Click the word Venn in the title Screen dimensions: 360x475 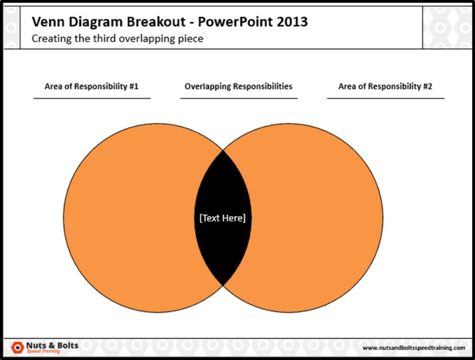pyautogui.click(x=46, y=23)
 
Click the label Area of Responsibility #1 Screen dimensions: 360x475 pyautogui.click(x=91, y=86)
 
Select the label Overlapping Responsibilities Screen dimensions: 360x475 pyautogui.click(x=239, y=86)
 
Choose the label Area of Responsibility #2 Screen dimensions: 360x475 pyautogui.click(x=385, y=86)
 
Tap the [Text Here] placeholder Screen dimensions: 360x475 pyautogui.click(x=222, y=218)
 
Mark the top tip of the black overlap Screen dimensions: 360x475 pyautogui.click(x=223, y=151)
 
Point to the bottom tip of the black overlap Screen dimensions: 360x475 pyautogui.click(x=223, y=284)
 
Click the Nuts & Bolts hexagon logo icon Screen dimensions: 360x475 pyautogui.click(x=17, y=347)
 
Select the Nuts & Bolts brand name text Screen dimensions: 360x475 pyautogui.click(x=52, y=345)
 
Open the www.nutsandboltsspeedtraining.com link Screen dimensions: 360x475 pyautogui.click(x=413, y=348)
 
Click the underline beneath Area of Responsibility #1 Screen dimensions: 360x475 pyautogui.click(x=91, y=99)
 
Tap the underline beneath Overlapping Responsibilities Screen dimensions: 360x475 pyautogui.click(x=239, y=99)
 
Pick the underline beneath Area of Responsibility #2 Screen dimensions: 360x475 pyautogui.click(x=385, y=99)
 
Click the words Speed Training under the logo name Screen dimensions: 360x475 pyautogui.click(x=43, y=351)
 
